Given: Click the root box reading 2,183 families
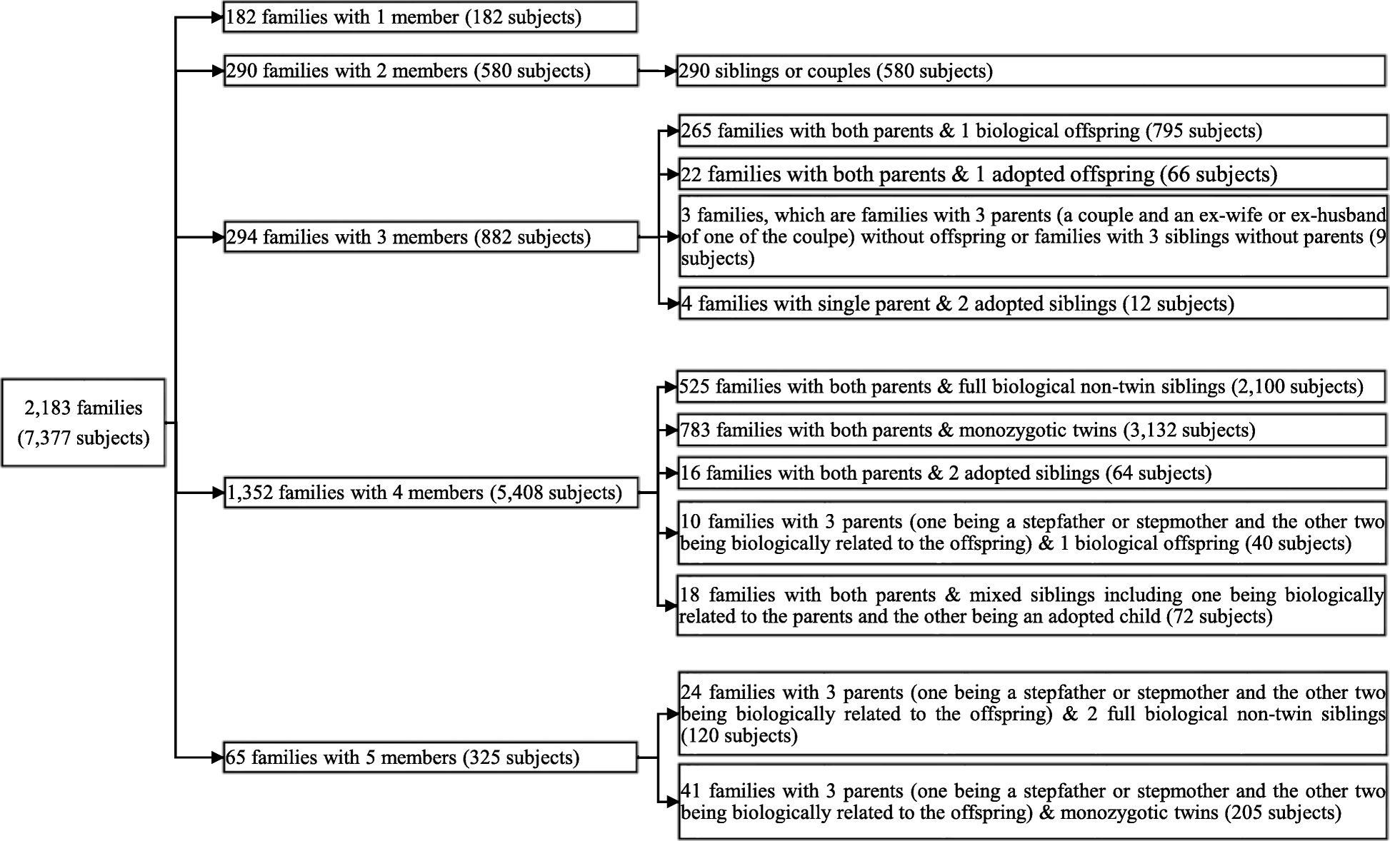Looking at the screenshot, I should coord(84,423).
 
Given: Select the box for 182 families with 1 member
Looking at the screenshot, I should coord(430,17).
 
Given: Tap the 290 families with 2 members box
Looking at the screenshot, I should coord(430,71).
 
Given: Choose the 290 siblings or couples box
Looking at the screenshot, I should coord(1031,71).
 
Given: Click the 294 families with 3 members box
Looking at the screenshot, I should coord(430,237).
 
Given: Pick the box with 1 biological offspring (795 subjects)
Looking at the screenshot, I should coord(1031,131).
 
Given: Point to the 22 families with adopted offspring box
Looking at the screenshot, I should coord(1031,174).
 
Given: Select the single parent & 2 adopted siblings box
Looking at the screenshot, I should coord(1031,304).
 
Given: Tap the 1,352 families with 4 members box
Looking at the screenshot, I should coord(430,493).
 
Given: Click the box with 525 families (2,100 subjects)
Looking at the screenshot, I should coord(1031,387).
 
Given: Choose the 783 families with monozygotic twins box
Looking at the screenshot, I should coord(1031,430).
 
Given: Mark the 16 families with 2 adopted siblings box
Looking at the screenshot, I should coord(1031,473).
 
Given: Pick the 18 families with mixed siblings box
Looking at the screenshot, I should coord(1031,605).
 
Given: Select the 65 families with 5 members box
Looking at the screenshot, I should coord(430,757).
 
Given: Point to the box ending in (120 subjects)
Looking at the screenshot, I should coord(1031,714).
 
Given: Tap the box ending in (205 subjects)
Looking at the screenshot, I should coord(1031,802).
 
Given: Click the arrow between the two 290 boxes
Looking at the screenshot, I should coord(657,71).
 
